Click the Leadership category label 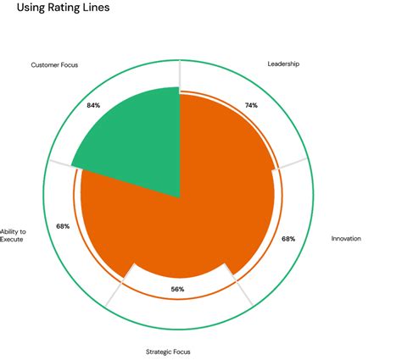284,64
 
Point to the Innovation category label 346,239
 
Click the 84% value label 94,105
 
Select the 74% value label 251,105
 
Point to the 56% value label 178,290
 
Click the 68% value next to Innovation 288,239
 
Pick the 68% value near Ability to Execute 63,226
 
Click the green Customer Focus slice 136,140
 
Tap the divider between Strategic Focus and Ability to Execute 117,291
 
